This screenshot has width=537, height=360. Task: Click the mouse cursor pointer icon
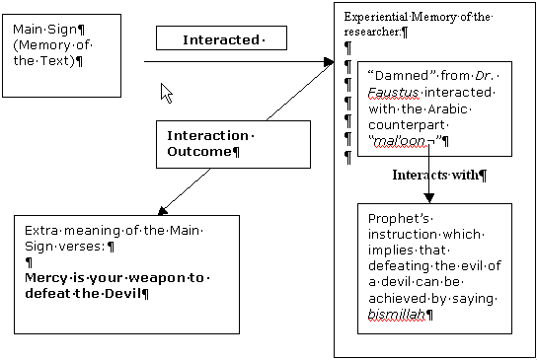[x=166, y=93]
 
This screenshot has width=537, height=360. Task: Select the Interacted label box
[x=221, y=39]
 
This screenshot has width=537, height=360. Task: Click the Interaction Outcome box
[x=208, y=143]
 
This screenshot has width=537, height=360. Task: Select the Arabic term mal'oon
[x=398, y=141]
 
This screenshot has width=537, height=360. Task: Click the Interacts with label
[x=438, y=176]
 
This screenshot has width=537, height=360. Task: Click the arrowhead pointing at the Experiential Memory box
[x=329, y=63]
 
